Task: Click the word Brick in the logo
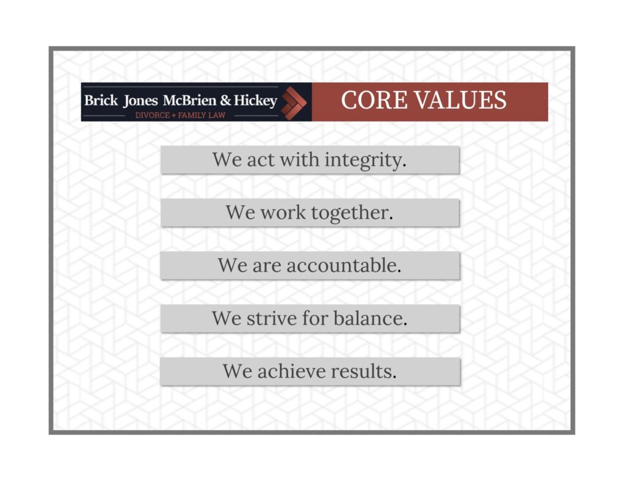(101, 100)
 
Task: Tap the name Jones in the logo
(141, 101)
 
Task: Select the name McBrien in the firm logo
(190, 100)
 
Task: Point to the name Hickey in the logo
(256, 101)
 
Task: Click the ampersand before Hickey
(225, 100)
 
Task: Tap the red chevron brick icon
(294, 103)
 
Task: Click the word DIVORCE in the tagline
(152, 115)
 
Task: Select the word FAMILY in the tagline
(192, 115)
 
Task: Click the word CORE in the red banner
(374, 100)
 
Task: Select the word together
(352, 213)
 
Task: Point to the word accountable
(344, 265)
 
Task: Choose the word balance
(370, 318)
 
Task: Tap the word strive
(271, 318)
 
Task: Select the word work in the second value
(283, 213)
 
